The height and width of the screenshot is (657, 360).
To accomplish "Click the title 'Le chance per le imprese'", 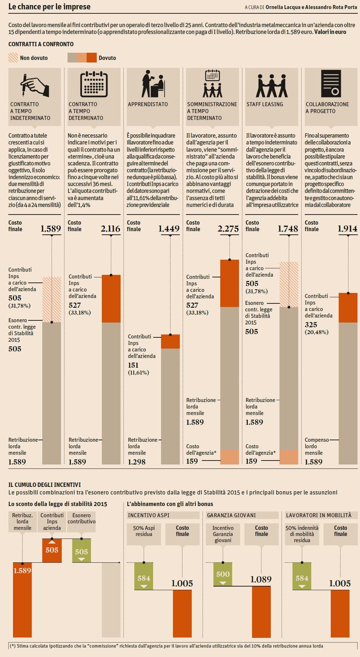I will pyautogui.click(x=49, y=7).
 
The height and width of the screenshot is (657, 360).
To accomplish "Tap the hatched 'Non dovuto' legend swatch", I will pyautogui.click(x=13, y=58).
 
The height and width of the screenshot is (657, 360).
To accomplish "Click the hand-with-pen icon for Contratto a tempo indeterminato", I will pyautogui.click(x=34, y=85).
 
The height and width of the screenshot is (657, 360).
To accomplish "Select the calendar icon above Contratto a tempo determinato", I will pyautogui.click(x=94, y=85).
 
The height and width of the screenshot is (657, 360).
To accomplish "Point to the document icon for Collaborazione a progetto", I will pyautogui.click(x=331, y=84).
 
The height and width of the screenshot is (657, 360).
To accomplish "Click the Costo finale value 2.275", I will pyautogui.click(x=228, y=229).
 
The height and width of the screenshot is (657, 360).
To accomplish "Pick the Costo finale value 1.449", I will pyautogui.click(x=169, y=229).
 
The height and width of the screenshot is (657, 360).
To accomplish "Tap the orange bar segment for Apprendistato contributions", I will pyautogui.click(x=170, y=342).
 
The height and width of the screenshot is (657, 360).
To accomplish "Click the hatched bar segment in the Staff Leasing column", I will pyautogui.click(x=289, y=284).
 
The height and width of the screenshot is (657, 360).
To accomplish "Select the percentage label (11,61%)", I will pyautogui.click(x=138, y=373).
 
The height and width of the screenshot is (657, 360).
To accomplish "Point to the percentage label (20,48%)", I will pyautogui.click(x=316, y=332).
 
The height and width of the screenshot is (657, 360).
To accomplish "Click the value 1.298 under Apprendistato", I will pyautogui.click(x=136, y=462).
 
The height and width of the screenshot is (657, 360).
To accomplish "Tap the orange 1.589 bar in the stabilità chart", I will pyautogui.click(x=22, y=600).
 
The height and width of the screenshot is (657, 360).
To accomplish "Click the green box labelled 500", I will pyautogui.click(x=223, y=574).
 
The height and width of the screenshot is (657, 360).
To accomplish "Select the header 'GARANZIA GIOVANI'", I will pyautogui.click(x=231, y=515).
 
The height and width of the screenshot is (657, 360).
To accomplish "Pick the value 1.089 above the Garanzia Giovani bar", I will pyautogui.click(x=261, y=580).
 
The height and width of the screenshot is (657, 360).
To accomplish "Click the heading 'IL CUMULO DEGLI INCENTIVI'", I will pyautogui.click(x=44, y=485).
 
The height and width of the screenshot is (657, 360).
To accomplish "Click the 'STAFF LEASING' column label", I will pyautogui.click(x=265, y=104).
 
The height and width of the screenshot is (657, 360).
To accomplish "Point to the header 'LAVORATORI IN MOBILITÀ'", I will pyautogui.click(x=318, y=515).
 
